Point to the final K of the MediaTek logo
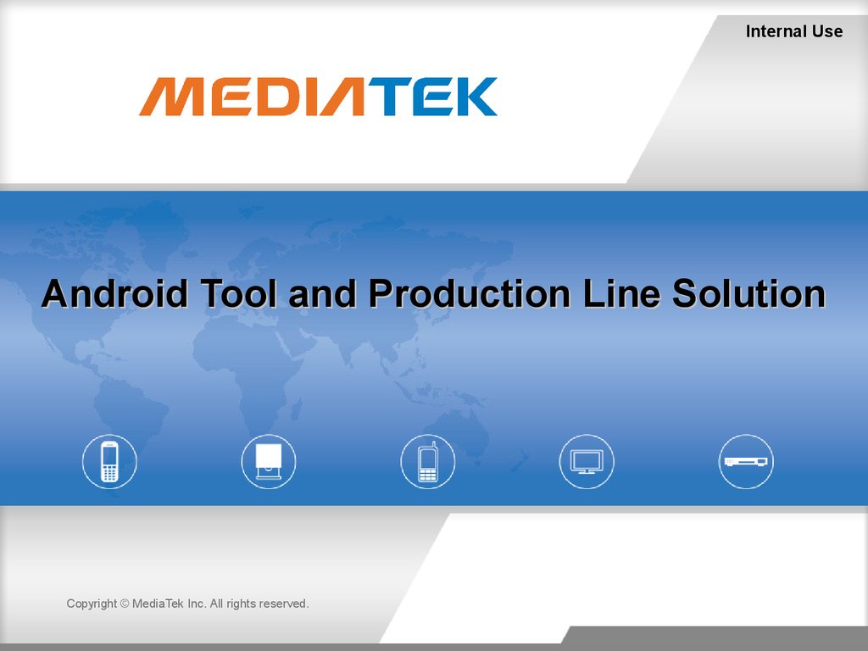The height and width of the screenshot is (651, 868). [471, 97]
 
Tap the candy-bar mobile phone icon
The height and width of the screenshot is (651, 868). [109, 462]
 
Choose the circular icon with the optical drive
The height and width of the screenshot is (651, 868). [269, 462]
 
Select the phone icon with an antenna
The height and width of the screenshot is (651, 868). [428, 462]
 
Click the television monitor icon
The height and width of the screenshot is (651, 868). [587, 462]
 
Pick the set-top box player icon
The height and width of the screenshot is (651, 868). [746, 462]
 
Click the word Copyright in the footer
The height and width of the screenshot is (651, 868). [92, 604]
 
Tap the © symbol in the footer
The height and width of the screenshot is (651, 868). [125, 604]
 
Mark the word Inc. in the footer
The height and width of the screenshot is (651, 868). [197, 604]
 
